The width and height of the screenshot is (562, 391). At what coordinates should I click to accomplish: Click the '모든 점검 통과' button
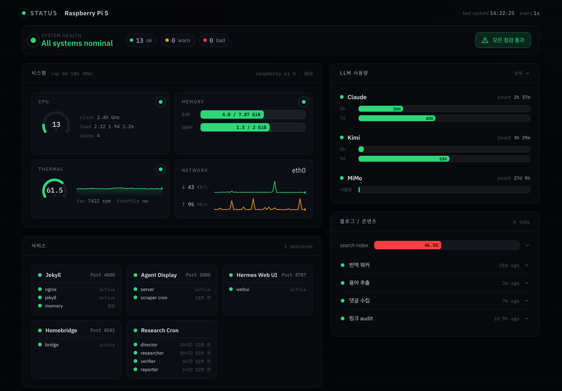[503, 40]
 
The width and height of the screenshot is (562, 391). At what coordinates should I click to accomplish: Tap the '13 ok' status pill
[141, 41]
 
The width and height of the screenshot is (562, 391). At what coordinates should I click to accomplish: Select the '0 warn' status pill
[178, 41]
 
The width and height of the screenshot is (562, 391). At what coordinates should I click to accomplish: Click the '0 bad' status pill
[215, 41]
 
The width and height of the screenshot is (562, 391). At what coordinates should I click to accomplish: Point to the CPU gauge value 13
[56, 124]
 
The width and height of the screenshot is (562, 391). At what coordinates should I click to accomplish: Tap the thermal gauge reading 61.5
[55, 190]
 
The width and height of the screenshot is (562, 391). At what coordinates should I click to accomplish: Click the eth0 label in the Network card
[299, 171]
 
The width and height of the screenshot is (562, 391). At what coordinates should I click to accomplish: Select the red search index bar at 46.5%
[407, 245]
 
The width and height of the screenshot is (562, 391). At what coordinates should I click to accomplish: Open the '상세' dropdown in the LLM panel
[521, 73]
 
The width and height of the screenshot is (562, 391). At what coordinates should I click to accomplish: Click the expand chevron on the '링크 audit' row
[526, 319]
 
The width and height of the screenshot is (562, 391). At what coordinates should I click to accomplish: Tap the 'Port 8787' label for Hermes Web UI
[294, 275]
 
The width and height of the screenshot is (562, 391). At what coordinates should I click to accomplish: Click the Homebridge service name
[61, 331]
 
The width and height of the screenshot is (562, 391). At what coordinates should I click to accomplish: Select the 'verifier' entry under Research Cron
[148, 361]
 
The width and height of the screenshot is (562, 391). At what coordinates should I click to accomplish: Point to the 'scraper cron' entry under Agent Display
[154, 298]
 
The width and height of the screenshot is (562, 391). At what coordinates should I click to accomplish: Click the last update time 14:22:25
[502, 13]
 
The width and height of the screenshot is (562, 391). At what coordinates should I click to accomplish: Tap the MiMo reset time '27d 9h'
[522, 178]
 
